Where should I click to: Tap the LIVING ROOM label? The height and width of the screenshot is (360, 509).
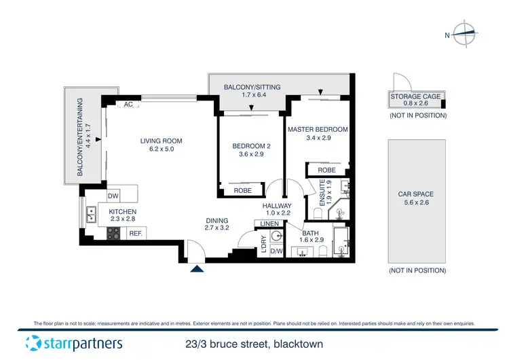pos(161,141)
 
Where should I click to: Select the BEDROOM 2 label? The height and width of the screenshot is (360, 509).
pos(252,146)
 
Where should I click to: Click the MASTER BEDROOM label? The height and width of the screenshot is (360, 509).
pos(318,129)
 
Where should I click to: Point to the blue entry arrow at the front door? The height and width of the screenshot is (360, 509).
pos(197,269)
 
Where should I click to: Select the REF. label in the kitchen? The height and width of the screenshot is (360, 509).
pos(136,234)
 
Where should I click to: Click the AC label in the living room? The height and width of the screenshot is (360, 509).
pos(128,105)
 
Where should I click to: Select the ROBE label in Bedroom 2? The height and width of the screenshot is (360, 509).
pos(243,191)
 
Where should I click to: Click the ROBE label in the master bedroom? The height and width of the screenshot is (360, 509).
pos(326,170)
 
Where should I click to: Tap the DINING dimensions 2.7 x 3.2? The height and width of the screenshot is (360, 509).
pos(217,229)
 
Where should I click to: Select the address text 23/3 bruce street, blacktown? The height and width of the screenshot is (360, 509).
pos(254,344)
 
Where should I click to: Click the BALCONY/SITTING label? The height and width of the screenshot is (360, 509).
pos(254,87)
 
